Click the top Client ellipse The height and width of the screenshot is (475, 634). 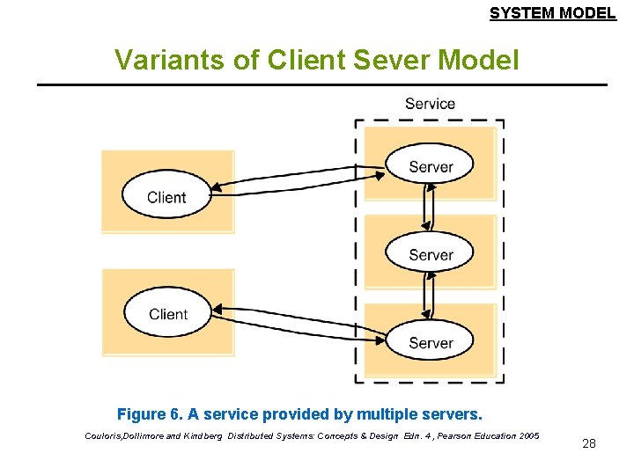pyautogui.click(x=166, y=196)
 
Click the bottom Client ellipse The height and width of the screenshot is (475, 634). pyautogui.click(x=168, y=313)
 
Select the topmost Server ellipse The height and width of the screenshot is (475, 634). pyautogui.click(x=430, y=165)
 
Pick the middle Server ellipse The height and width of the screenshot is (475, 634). pyautogui.click(x=430, y=253)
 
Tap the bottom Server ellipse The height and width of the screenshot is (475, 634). pyautogui.click(x=430, y=342)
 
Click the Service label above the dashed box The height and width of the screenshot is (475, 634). pyautogui.click(x=430, y=104)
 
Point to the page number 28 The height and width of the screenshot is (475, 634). pyautogui.click(x=589, y=443)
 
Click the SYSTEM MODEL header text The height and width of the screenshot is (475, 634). pyautogui.click(x=552, y=13)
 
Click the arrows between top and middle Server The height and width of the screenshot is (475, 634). pyautogui.click(x=429, y=209)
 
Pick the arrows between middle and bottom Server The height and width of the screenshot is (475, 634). pyautogui.click(x=429, y=298)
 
